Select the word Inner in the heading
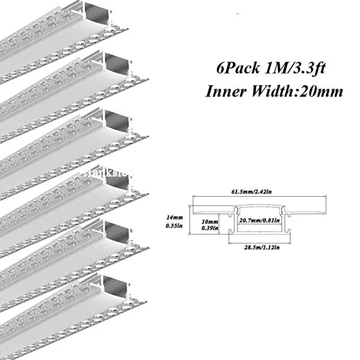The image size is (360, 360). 223,91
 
